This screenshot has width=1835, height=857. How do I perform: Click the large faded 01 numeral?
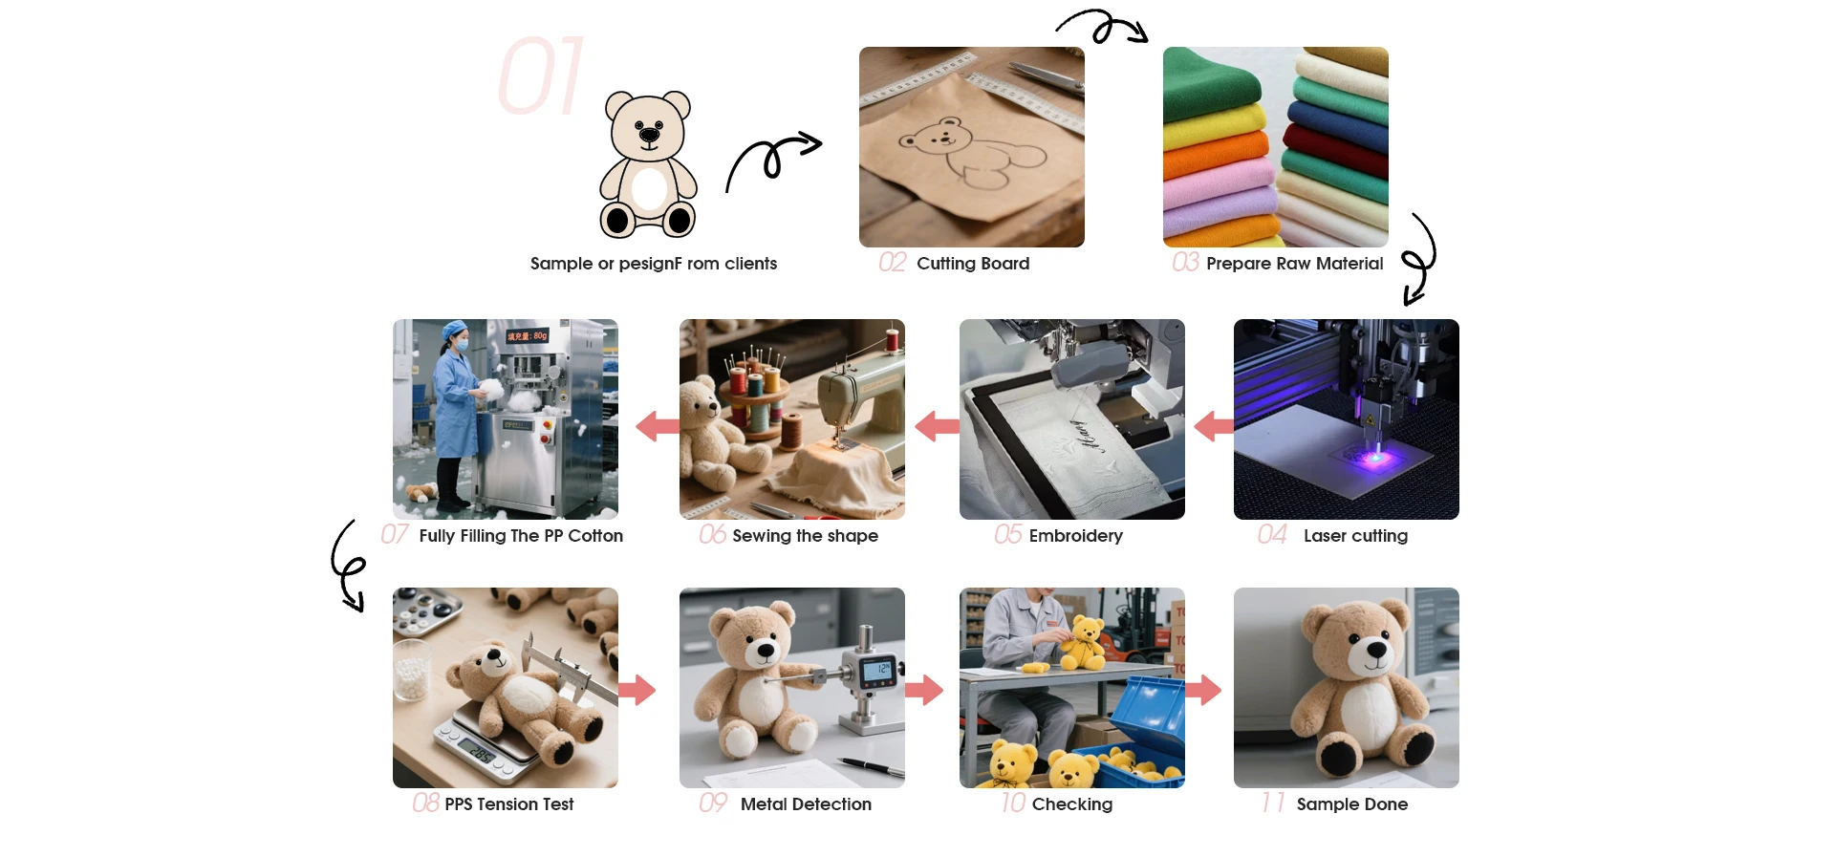click(541, 76)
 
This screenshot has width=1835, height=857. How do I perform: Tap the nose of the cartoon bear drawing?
click(649, 135)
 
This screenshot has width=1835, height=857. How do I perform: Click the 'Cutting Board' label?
click(973, 264)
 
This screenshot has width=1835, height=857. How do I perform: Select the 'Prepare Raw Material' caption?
click(1294, 264)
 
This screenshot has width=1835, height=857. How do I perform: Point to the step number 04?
click(1272, 534)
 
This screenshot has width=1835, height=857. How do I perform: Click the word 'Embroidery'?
click(1075, 536)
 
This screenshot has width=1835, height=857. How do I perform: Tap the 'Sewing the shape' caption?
click(805, 536)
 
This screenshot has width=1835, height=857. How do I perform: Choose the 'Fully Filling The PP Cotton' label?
click(521, 536)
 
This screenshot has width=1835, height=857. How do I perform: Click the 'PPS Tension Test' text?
click(508, 804)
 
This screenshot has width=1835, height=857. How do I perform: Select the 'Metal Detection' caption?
click(806, 804)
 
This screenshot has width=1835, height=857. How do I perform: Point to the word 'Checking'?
click(1071, 804)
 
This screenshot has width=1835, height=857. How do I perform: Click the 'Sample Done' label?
click(1351, 804)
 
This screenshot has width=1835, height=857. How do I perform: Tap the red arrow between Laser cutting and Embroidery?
click(1214, 426)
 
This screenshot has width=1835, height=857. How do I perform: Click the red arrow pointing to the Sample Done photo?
click(1203, 689)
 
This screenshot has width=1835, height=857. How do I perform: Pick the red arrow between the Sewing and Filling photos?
click(658, 426)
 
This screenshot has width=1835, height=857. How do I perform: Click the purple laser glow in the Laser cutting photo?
click(1374, 458)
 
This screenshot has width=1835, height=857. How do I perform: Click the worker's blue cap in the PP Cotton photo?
click(455, 330)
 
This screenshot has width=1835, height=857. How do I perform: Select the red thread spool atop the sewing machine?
click(893, 340)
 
